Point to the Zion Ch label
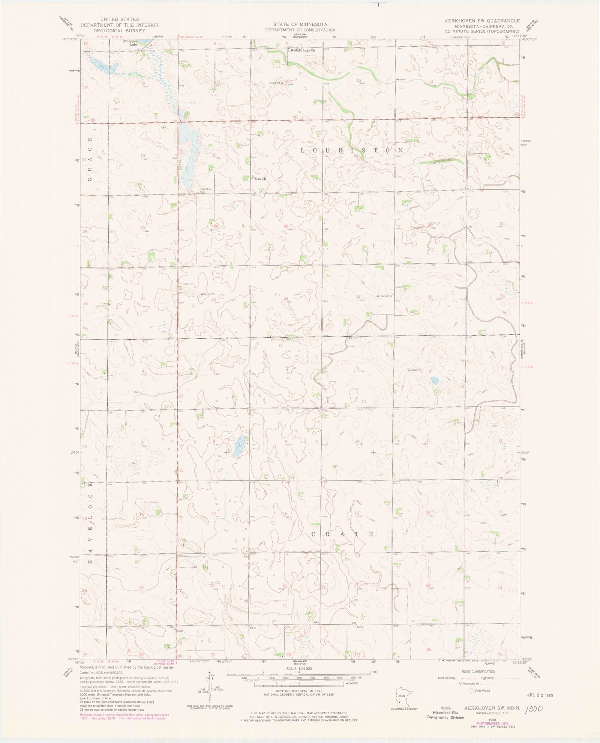[260, 179]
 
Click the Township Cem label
[205, 190]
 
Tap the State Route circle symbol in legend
[471, 690]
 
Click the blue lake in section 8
[238, 447]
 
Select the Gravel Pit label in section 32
[208, 294]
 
